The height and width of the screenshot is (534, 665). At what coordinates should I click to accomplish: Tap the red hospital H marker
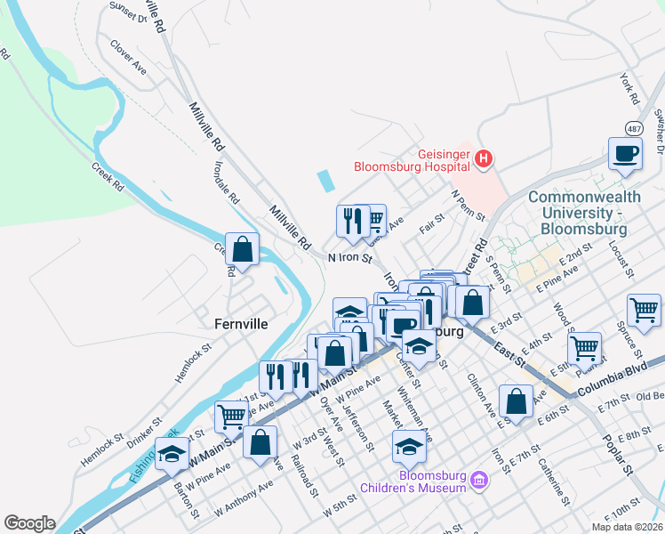[483, 160]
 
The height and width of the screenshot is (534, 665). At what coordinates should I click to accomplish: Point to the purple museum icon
[480, 481]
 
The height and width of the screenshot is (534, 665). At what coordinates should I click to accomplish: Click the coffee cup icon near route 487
[625, 153]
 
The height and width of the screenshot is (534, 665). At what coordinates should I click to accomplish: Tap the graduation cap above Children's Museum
[408, 447]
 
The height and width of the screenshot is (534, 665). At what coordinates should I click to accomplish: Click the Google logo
[29, 523]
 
